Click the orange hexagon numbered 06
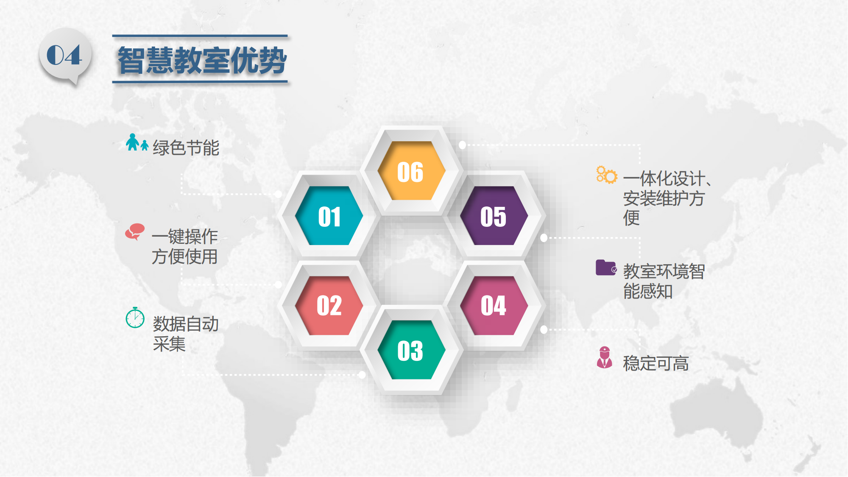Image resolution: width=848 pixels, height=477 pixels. pos(411,170)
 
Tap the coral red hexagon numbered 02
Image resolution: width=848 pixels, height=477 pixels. pos(329,306)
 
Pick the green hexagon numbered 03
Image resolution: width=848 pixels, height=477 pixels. pos(411,350)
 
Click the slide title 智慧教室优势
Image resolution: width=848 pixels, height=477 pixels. pos(202,60)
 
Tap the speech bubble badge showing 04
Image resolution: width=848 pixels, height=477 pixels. pos(65,56)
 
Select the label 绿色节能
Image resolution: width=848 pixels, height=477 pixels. pos(186,148)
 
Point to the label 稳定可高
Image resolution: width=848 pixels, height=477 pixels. pos(656,363)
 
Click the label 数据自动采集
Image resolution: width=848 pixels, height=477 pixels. pos(186,334)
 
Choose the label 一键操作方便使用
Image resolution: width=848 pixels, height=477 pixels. pos(185,246)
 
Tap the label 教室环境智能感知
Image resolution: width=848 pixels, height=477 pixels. pos(664,281)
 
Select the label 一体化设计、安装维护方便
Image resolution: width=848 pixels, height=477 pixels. pos(667,198)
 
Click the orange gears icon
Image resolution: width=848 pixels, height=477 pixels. pos(606,175)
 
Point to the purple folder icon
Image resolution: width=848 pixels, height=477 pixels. pos(606,268)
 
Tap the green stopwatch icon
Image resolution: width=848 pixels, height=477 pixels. pos(135,318)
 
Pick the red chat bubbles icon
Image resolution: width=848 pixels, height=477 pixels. pos(135,232)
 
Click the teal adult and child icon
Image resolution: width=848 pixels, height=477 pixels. pos(137,142)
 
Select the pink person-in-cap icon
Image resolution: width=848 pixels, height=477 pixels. pos(605,357)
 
